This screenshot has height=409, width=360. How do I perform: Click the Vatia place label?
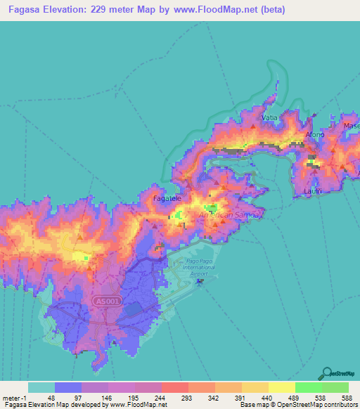(269, 117)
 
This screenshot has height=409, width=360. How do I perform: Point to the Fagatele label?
(167, 199)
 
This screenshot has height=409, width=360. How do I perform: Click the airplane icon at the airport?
(200, 282)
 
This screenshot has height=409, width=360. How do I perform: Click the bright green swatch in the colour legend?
(308, 387)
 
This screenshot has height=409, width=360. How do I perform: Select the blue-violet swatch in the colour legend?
(68, 387)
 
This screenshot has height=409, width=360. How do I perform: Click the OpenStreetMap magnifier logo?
(328, 372)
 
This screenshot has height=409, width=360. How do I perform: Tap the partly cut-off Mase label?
(351, 126)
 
